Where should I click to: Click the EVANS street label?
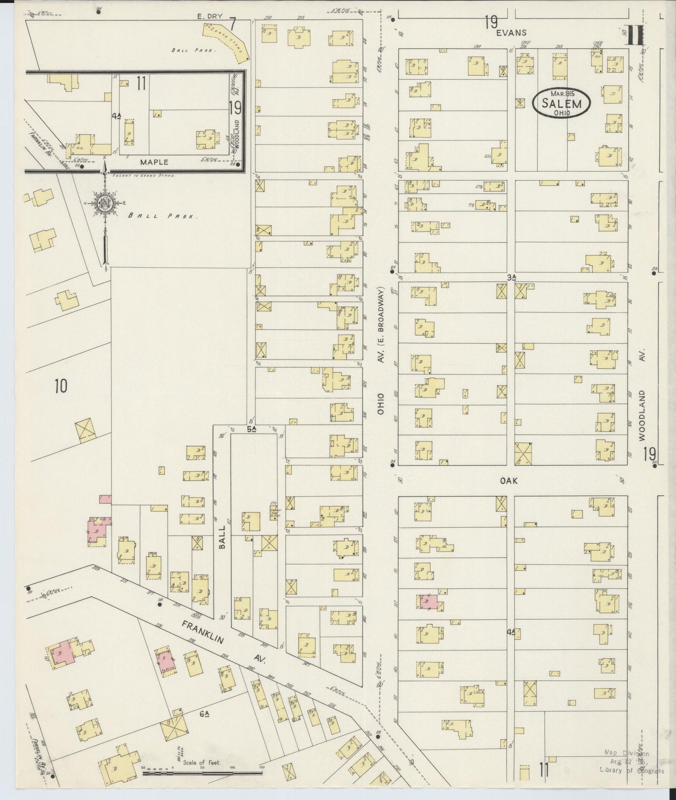(x=512, y=33)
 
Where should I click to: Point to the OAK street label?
(x=509, y=480)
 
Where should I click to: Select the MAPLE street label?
(x=154, y=162)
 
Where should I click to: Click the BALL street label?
(x=222, y=536)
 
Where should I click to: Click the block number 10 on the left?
(x=60, y=386)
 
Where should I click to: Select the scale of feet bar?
(x=202, y=774)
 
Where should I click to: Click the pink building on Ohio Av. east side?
(x=429, y=602)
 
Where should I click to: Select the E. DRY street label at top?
(x=208, y=16)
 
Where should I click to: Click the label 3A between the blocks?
(x=511, y=277)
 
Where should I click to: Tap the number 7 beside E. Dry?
(x=232, y=21)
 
